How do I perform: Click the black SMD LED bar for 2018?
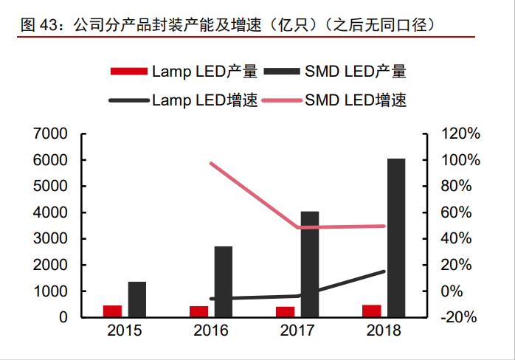(396, 238)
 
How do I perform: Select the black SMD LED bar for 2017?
(310, 264)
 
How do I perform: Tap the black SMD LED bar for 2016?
(224, 282)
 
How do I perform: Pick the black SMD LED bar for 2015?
(137, 299)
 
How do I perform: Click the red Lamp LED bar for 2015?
(112, 311)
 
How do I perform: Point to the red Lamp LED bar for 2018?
(371, 311)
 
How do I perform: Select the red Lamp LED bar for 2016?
(198, 311)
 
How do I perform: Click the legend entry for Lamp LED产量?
(184, 72)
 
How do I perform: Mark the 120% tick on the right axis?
(460, 134)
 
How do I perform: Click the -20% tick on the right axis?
(460, 317)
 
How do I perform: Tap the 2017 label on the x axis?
(297, 330)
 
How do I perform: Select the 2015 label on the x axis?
(125, 330)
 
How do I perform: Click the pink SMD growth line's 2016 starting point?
(212, 163)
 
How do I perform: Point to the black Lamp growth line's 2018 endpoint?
(384, 271)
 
